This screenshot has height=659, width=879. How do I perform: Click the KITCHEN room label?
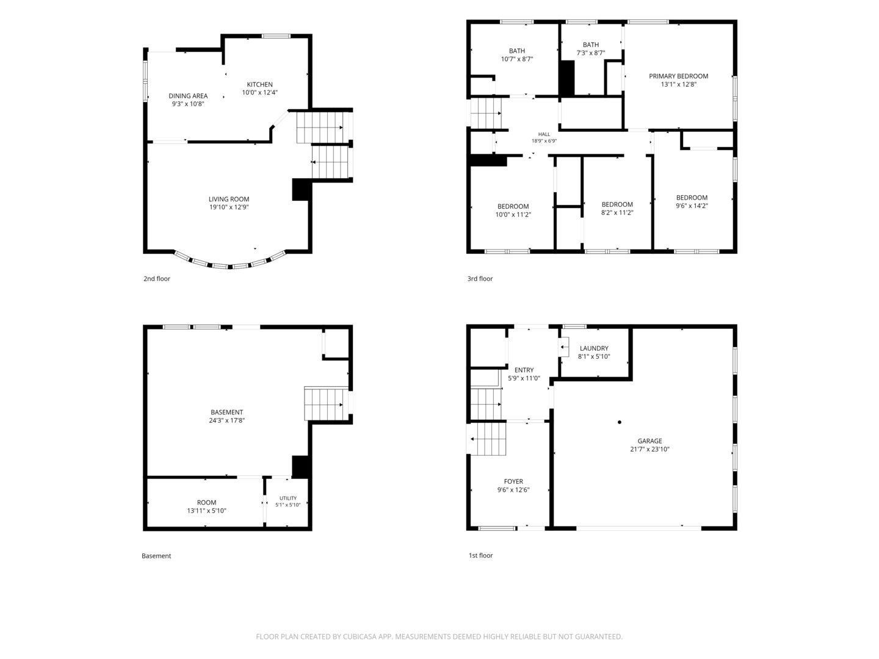click(259, 84)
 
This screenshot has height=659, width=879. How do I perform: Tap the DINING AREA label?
click(188, 96)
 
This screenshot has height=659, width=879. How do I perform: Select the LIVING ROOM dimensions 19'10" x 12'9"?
click(229, 207)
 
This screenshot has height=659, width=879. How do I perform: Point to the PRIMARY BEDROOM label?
click(678, 76)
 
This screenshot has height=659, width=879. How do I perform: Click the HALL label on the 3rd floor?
click(544, 134)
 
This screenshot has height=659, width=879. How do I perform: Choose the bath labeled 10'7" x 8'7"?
click(516, 55)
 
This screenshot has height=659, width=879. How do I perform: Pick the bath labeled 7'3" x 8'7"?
click(591, 49)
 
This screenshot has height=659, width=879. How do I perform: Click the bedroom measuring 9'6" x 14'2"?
click(692, 201)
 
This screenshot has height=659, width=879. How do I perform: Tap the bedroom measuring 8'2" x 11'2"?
click(617, 209)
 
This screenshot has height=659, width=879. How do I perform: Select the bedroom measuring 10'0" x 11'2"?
click(513, 211)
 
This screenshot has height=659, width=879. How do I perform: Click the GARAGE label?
click(649, 441)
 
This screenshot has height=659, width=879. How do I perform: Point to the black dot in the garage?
click(620, 422)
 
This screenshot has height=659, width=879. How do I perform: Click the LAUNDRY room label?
click(594, 348)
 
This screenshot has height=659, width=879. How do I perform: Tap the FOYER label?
click(513, 482)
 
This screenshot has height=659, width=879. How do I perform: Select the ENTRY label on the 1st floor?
click(524, 370)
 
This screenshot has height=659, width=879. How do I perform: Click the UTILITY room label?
click(288, 498)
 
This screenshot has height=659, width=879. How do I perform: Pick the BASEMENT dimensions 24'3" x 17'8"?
click(226, 420)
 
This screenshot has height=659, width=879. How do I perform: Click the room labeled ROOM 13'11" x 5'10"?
click(206, 506)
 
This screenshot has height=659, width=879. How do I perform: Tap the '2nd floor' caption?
click(157, 279)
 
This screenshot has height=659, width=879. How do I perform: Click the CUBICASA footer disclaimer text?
click(440, 636)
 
